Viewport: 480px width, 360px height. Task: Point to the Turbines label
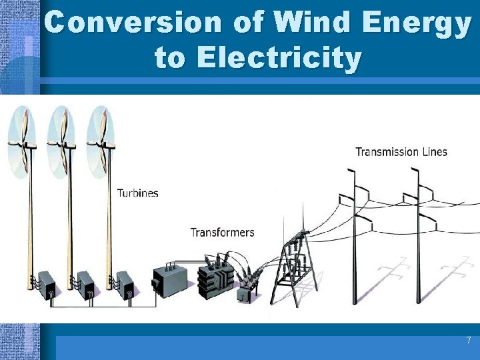(138, 193)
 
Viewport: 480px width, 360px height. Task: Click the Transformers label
(222, 233)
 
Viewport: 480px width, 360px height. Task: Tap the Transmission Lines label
(401, 152)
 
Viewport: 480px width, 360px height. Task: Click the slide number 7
(468, 341)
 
